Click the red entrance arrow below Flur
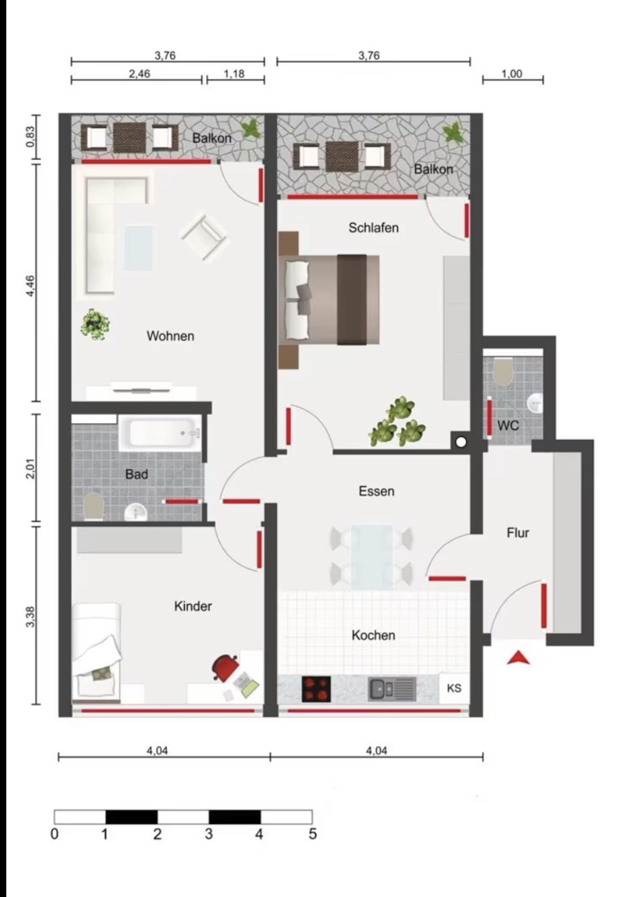pos(518,658)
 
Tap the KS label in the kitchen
pos(454,688)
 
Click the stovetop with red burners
pos(316,689)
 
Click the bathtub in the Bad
pos(160,433)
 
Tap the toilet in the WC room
pos(503,371)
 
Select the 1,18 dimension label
pos(234,74)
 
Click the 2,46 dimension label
pos(140,74)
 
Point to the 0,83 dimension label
pos(30,137)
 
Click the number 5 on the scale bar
pos(313,834)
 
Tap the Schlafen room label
pos(373,228)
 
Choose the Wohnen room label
pos(170,336)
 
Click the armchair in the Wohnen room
pos(204,236)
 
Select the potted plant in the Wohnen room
pos(95,324)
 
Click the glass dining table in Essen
pos(372,556)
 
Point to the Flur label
pos(518,533)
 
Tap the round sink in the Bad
pos(136,513)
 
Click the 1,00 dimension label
pos(512,74)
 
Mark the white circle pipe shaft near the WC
pos(461,442)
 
